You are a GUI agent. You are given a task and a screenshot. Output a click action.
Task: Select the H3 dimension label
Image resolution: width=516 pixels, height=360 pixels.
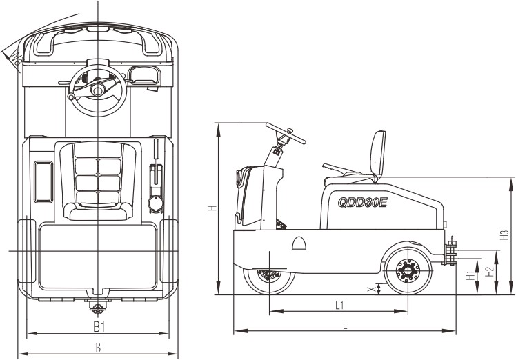[x=504, y=234]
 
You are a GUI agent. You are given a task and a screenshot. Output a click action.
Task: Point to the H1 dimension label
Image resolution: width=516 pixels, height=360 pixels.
[x=470, y=276]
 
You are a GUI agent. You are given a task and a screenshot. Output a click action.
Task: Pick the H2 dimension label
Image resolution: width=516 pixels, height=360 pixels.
[x=489, y=272]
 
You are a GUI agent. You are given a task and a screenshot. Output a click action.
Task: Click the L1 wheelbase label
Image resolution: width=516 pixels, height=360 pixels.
[x=339, y=304]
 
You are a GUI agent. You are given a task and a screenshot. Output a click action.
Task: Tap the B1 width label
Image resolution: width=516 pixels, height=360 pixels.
[x=99, y=326]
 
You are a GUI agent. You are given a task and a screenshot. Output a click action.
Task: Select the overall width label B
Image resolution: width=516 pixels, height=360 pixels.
[x=99, y=348]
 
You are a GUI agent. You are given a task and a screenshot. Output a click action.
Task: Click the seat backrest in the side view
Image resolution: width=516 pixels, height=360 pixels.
[x=377, y=155]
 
